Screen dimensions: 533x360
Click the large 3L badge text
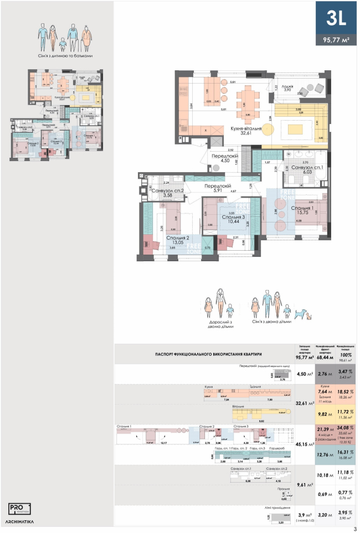pos(336,19)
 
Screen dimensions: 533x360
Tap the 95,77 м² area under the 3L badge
pos(336,40)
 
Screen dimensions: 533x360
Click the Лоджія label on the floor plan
pos(287,86)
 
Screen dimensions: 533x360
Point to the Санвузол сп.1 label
pos(305,168)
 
